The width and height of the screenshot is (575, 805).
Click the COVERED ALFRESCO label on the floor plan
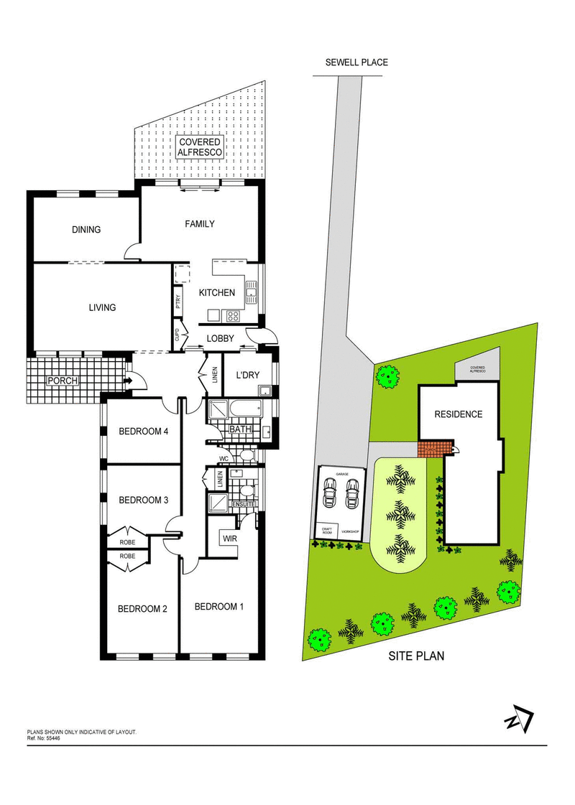click(200, 147)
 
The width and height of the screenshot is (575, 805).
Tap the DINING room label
click(86, 230)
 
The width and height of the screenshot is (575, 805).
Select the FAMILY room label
click(200, 224)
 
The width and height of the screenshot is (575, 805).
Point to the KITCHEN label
click(217, 292)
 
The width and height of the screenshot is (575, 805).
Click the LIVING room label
click(102, 307)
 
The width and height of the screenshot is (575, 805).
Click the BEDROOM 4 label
click(143, 432)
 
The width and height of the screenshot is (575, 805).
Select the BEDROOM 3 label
click(143, 500)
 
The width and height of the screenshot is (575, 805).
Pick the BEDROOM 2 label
click(142, 609)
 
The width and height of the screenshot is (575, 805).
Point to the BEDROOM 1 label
click(219, 606)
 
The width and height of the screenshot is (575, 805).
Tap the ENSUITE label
click(244, 505)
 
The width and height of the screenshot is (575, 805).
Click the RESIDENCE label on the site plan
click(458, 414)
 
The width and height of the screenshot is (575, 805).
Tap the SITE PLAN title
click(416, 656)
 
